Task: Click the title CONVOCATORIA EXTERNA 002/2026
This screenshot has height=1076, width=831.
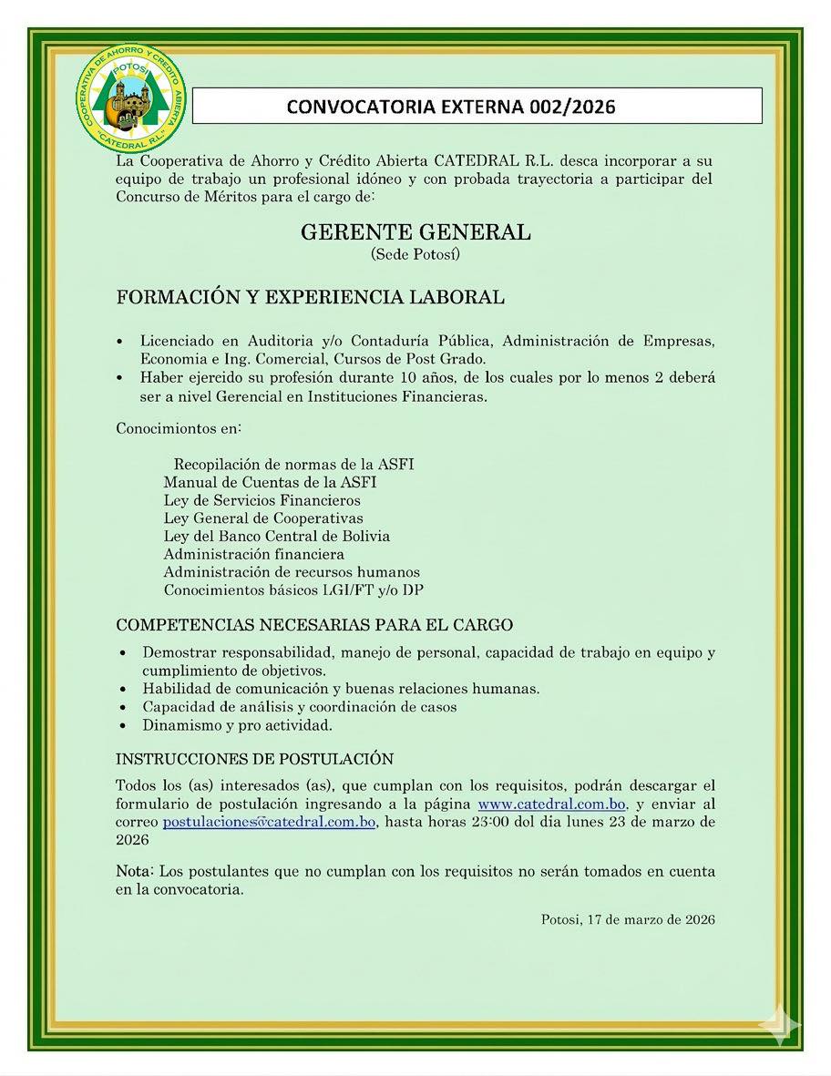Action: click(x=451, y=107)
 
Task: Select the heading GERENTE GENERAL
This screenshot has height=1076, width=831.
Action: click(x=415, y=232)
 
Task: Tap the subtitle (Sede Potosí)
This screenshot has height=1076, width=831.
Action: click(x=415, y=255)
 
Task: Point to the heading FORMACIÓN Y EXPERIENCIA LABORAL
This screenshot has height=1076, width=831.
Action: click(x=310, y=297)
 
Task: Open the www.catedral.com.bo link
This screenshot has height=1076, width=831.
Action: click(x=551, y=804)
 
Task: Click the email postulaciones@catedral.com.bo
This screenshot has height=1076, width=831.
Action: click(x=270, y=822)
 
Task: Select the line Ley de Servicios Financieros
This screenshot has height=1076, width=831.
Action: click(x=262, y=500)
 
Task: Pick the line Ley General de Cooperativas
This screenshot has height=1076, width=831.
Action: click(x=263, y=518)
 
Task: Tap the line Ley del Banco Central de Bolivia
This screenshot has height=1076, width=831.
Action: click(x=276, y=536)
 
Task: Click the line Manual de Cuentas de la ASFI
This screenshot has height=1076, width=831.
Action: click(x=270, y=482)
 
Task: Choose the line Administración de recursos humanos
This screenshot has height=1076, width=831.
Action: click(x=292, y=572)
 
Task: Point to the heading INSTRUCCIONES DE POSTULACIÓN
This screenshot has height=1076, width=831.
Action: click(x=254, y=759)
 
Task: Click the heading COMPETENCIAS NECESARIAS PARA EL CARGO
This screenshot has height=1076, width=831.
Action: click(x=313, y=625)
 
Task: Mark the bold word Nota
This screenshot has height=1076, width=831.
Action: click(x=132, y=872)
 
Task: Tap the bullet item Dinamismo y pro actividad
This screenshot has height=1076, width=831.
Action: click(x=237, y=726)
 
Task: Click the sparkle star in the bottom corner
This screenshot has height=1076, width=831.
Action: click(x=780, y=1026)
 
